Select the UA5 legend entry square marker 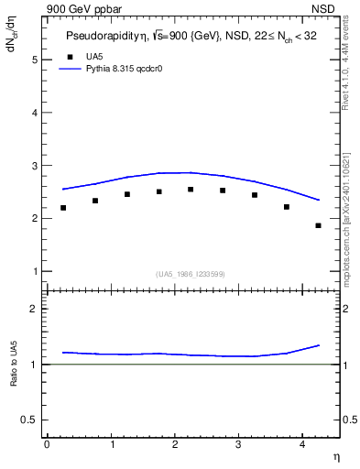[x=71, y=57]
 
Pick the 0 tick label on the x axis [x=47, y=444]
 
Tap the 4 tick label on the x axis [x=302, y=444]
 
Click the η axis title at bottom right [x=335, y=456]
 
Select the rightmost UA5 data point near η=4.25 [x=318, y=225]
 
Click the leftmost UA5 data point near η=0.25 [x=63, y=208]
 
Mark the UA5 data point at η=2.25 [x=191, y=190]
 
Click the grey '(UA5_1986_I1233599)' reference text [x=190, y=274]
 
